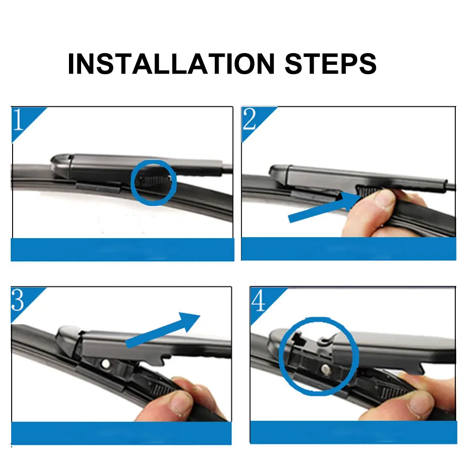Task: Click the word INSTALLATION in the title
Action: (x=171, y=63)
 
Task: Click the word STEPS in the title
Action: (x=331, y=63)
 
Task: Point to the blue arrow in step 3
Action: (x=163, y=330)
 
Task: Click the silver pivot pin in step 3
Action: (x=105, y=363)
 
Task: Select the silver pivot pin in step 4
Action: (x=326, y=369)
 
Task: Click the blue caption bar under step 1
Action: (x=123, y=250)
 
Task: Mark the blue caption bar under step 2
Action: (x=349, y=249)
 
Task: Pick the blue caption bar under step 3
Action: (x=121, y=433)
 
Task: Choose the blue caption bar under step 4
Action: (x=354, y=432)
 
